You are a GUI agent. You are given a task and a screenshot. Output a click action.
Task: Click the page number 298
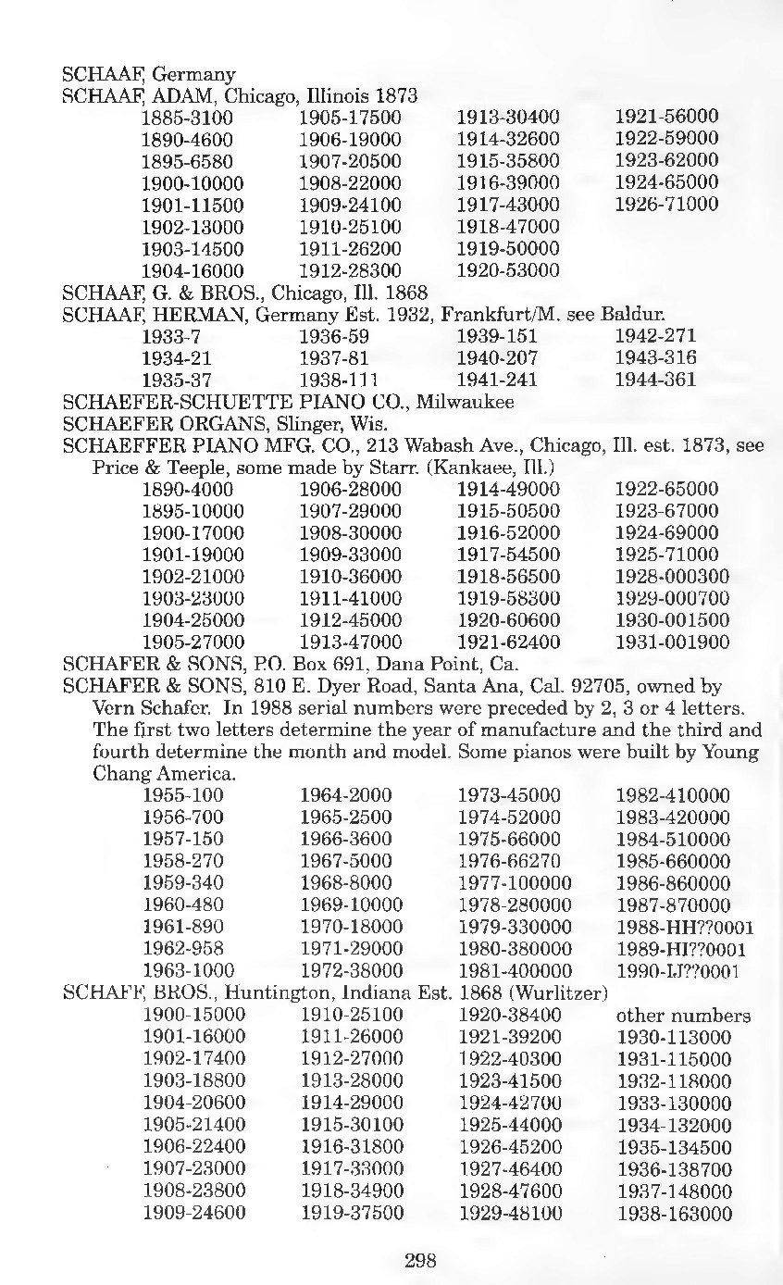coord(420,1259)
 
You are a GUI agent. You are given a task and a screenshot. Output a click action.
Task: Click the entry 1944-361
coord(655,381)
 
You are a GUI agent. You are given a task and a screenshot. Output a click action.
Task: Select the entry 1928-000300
coord(672,577)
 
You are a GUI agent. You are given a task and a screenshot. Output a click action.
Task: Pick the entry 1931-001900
coord(672,642)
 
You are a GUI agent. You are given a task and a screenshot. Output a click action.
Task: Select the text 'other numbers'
coord(683,1017)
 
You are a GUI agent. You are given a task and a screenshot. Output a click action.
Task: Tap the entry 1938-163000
coord(673,1215)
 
